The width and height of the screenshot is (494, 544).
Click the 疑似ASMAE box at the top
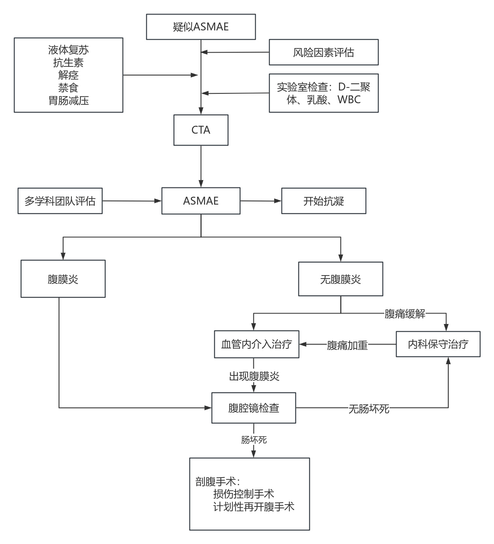pos(201,27)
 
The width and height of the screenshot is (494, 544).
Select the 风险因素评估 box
pos(323,52)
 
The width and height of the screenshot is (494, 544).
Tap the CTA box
pos(201,130)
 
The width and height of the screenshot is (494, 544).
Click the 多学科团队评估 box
pos(60,201)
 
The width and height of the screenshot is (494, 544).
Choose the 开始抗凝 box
pos(323,201)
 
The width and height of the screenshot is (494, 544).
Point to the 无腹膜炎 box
pos(340,279)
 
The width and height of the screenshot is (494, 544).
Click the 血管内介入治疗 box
pos(257,344)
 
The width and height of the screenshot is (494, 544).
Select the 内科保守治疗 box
pos(438,344)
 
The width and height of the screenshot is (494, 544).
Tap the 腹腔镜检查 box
pos(254,408)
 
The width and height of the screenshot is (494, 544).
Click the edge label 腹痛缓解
pos(405,314)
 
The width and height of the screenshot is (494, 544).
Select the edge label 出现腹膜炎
pos(254,376)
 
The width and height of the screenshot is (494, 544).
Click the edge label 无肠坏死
pos(369,409)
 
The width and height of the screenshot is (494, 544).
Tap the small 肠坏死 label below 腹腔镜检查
pos(254,440)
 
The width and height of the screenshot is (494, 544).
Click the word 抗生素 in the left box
pos(68,62)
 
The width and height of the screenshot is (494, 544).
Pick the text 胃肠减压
pos(68,101)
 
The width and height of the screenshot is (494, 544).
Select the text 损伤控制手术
pos(243,494)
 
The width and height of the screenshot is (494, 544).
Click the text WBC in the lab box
pos(349,100)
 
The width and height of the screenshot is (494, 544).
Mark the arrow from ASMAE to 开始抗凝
pos(261,201)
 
